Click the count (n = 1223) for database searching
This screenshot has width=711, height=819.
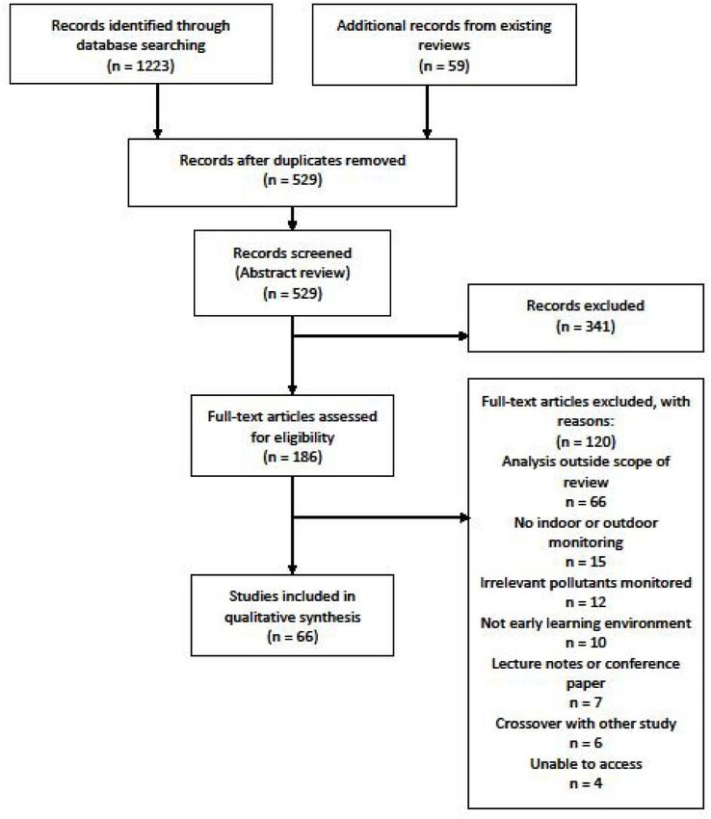pos(141,66)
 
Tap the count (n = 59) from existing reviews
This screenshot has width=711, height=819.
pos(444,66)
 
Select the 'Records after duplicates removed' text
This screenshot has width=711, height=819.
pos(293,160)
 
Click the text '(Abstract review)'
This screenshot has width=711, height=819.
pos(293,273)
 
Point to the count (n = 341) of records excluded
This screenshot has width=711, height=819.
pos(586,327)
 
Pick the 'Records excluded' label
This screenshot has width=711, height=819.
pos(586,305)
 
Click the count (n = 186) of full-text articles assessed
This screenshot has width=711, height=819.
pos(293,457)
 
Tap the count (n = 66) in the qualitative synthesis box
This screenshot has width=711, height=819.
pos(293,637)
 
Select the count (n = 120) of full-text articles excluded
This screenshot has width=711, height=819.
pos(586,442)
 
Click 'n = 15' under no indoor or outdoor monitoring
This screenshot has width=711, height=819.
pos(586,562)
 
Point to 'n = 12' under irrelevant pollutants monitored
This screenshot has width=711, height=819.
pos(586,602)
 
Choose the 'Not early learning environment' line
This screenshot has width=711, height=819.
pos(586,623)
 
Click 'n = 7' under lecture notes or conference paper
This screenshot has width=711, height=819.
pos(586,702)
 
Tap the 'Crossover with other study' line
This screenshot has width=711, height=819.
pos(586,724)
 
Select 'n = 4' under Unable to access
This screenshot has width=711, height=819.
pos(586,783)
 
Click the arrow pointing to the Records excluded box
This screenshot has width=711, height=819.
pos(381,336)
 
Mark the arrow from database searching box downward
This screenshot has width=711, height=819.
pos(157,111)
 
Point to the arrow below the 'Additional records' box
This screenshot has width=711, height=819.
pos(427,112)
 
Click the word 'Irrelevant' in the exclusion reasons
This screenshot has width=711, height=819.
pos(512,582)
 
